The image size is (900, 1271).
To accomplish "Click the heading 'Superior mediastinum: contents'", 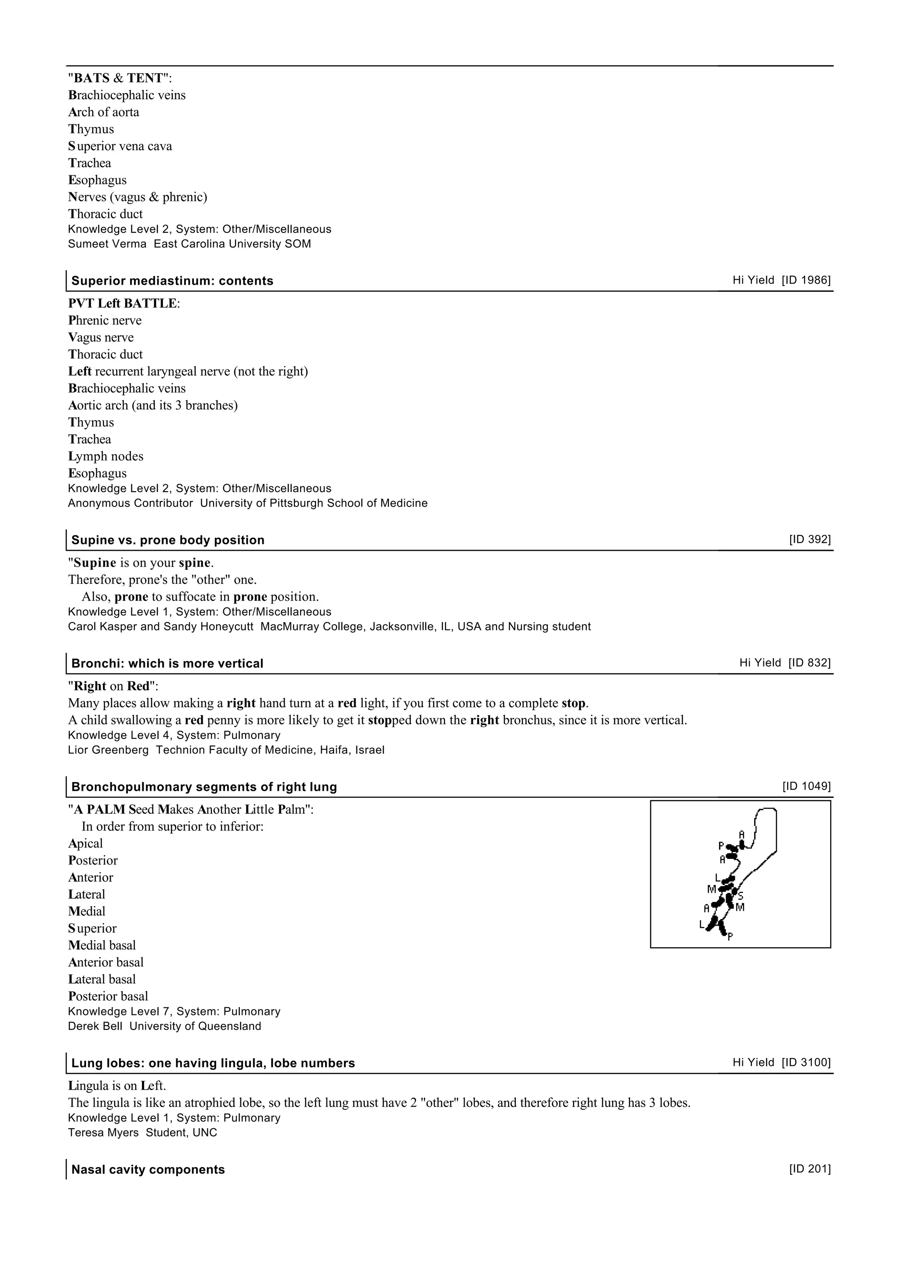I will pyautogui.click(x=172, y=281).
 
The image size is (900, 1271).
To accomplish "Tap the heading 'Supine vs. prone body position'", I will pyautogui.click(x=167, y=540).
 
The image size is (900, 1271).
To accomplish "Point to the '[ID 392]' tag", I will pyautogui.click(x=809, y=540).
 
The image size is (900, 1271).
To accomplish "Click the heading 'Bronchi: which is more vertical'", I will pyautogui.click(x=167, y=664).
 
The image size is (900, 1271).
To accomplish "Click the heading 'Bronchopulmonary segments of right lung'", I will pyautogui.click(x=204, y=787).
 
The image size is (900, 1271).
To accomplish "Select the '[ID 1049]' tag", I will pyautogui.click(x=806, y=787).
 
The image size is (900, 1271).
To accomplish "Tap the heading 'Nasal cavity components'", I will pyautogui.click(x=148, y=1170).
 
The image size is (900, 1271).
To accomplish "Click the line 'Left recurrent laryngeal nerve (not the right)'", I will pyautogui.click(x=188, y=372).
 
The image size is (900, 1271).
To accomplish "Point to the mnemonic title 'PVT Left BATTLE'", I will pyautogui.click(x=123, y=304).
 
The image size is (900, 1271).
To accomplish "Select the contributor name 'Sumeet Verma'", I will pyautogui.click(x=107, y=244).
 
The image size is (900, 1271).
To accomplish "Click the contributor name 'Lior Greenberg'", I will pyautogui.click(x=108, y=751).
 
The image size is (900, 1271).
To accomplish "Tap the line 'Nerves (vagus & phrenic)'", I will pyautogui.click(x=138, y=197).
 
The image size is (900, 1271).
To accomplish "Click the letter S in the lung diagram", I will pyautogui.click(x=740, y=896).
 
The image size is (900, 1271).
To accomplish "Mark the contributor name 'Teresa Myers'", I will pyautogui.click(x=103, y=1133).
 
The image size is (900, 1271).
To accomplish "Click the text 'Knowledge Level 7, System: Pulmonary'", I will pyautogui.click(x=174, y=1012).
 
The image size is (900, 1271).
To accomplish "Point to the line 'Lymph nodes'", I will pyautogui.click(x=105, y=456).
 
